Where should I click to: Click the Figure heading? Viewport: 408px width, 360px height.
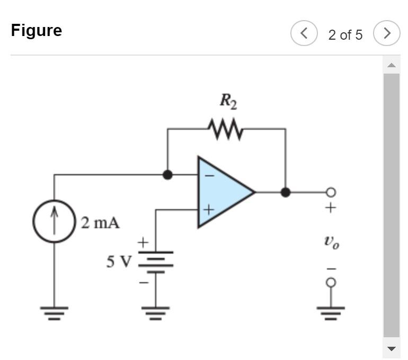[36, 30]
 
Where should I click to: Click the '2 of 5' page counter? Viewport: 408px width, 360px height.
[345, 35]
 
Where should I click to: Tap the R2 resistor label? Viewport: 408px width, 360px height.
[228, 101]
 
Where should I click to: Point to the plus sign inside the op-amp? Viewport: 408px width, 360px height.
[208, 210]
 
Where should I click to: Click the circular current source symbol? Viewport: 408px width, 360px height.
[54, 221]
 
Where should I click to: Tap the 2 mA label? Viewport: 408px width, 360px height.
[100, 223]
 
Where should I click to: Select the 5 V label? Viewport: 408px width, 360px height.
[118, 262]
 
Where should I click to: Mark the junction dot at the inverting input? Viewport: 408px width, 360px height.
[167, 175]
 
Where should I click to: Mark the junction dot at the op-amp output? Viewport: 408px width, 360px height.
[286, 192]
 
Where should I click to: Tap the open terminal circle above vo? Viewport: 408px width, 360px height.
[331, 192]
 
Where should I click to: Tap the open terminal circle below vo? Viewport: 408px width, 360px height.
[331, 283]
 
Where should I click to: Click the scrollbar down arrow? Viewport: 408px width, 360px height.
[391, 348]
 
